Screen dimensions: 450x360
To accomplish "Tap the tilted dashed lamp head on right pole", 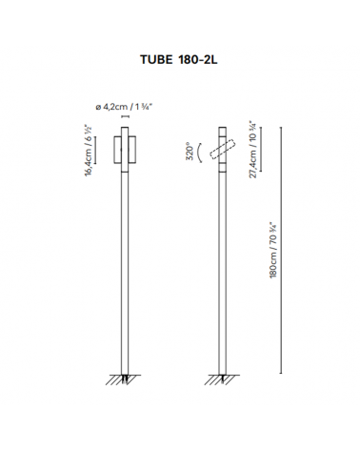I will click(224, 151).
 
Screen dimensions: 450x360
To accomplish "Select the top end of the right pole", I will click(224, 123).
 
